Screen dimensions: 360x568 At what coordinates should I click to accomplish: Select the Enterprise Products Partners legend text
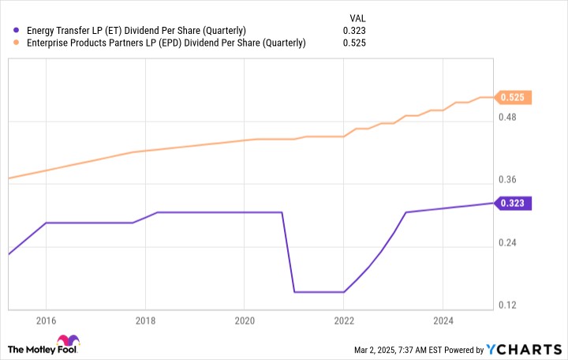pyautogui.click(x=166, y=43)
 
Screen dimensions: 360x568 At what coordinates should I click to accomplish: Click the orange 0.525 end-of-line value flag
pyautogui.click(x=514, y=98)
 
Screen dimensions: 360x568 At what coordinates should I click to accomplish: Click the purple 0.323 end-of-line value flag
pyautogui.click(x=514, y=203)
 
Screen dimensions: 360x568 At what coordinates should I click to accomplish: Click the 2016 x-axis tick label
pyautogui.click(x=46, y=321)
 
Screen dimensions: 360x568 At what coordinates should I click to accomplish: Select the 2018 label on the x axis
pyautogui.click(x=145, y=321)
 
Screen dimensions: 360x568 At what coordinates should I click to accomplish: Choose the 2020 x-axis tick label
pyautogui.click(x=244, y=321)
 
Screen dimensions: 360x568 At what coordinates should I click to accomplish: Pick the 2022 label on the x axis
pyautogui.click(x=343, y=321)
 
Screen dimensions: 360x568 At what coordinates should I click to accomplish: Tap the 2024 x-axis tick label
pyautogui.click(x=442, y=321)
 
